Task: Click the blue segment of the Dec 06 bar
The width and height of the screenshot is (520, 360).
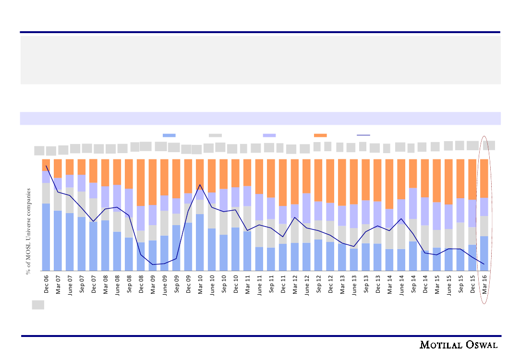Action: (46, 237)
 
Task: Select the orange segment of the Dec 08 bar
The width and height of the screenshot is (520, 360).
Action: (141, 182)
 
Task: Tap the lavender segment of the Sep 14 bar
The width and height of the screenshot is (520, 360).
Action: (413, 203)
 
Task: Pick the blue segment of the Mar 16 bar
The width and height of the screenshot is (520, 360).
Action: (484, 253)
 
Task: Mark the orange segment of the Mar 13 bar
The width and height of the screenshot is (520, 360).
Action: (342, 182)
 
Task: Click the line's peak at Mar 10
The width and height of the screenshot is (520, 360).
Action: (200, 185)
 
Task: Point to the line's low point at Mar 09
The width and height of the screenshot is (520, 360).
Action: (153, 264)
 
